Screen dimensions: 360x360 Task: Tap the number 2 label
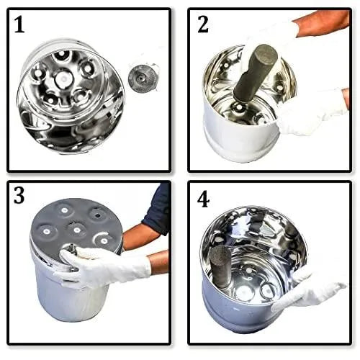[203, 25]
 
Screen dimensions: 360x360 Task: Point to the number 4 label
[204, 199]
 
